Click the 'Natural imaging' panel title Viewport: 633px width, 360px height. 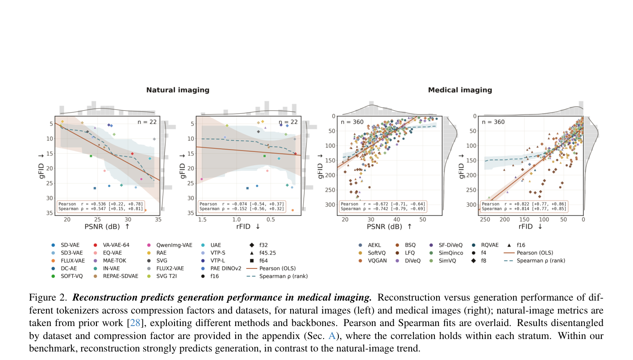point(178,90)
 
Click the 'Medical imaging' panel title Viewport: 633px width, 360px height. point(460,90)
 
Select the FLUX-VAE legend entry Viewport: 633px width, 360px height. point(68,260)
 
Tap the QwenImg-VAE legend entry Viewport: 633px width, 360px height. point(170,245)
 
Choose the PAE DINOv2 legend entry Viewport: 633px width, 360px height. point(221,268)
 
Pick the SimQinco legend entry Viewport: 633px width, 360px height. point(446,253)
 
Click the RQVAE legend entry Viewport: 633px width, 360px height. point(485,245)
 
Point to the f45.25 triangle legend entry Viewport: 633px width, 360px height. point(263,253)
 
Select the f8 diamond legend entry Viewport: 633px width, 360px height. point(479,260)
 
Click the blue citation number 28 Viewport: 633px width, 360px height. point(135,322)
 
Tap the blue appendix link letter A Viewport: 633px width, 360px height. point(332,336)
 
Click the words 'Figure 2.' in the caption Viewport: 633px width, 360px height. point(48,297)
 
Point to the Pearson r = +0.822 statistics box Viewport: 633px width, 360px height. point(524,206)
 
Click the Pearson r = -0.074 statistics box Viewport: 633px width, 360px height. point(242,206)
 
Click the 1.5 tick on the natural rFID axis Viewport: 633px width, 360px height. point(202,219)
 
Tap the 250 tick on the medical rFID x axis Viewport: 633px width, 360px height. point(485,219)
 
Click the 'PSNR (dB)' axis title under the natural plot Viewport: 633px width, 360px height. point(102,226)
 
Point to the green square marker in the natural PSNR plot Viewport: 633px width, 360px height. point(91,156)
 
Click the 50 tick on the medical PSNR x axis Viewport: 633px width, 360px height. point(422,219)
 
